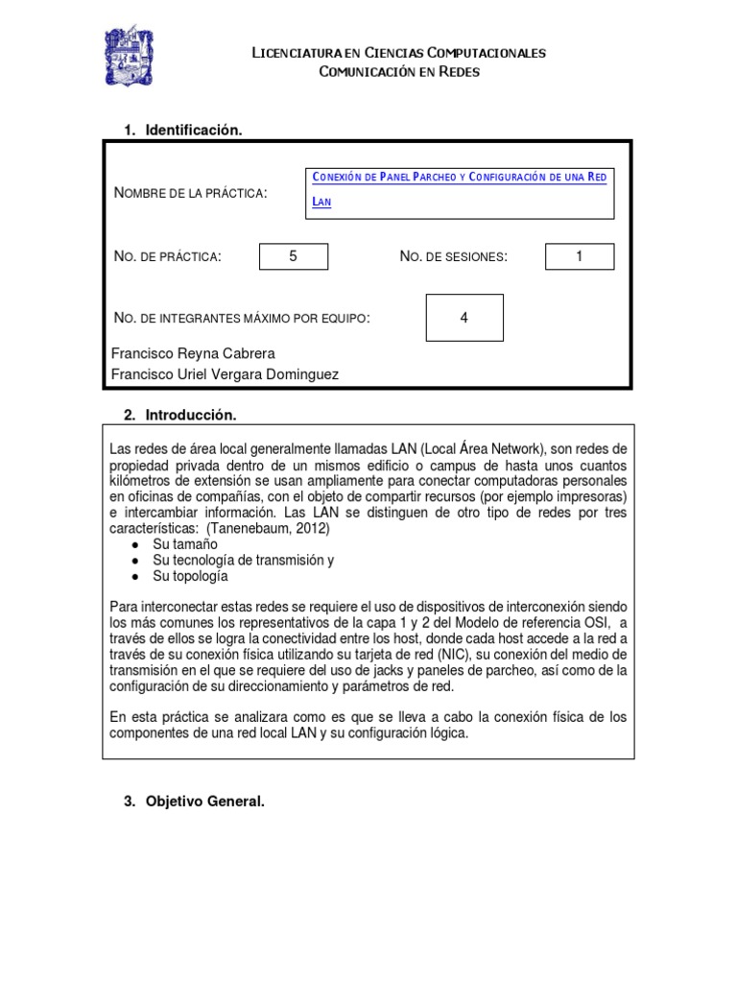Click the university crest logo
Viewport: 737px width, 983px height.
click(x=129, y=56)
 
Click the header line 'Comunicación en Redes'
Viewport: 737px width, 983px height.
click(x=398, y=72)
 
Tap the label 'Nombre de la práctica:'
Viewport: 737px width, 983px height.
click(x=190, y=194)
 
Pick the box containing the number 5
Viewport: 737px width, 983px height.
click(x=294, y=256)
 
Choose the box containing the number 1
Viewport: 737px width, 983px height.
click(x=580, y=256)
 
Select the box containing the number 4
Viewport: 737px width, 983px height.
click(x=464, y=318)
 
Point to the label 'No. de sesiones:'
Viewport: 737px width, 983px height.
click(x=453, y=256)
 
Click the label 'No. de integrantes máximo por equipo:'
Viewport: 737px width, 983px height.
click(x=241, y=318)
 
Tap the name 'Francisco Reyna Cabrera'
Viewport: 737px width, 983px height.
click(x=193, y=353)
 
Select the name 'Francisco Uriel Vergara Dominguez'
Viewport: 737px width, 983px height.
click(x=225, y=374)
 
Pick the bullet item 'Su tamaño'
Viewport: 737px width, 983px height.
click(x=185, y=544)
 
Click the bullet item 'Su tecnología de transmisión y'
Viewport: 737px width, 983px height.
click(x=243, y=560)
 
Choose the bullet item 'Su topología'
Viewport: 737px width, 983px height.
click(x=190, y=576)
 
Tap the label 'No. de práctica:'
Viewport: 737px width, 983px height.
click(x=167, y=256)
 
